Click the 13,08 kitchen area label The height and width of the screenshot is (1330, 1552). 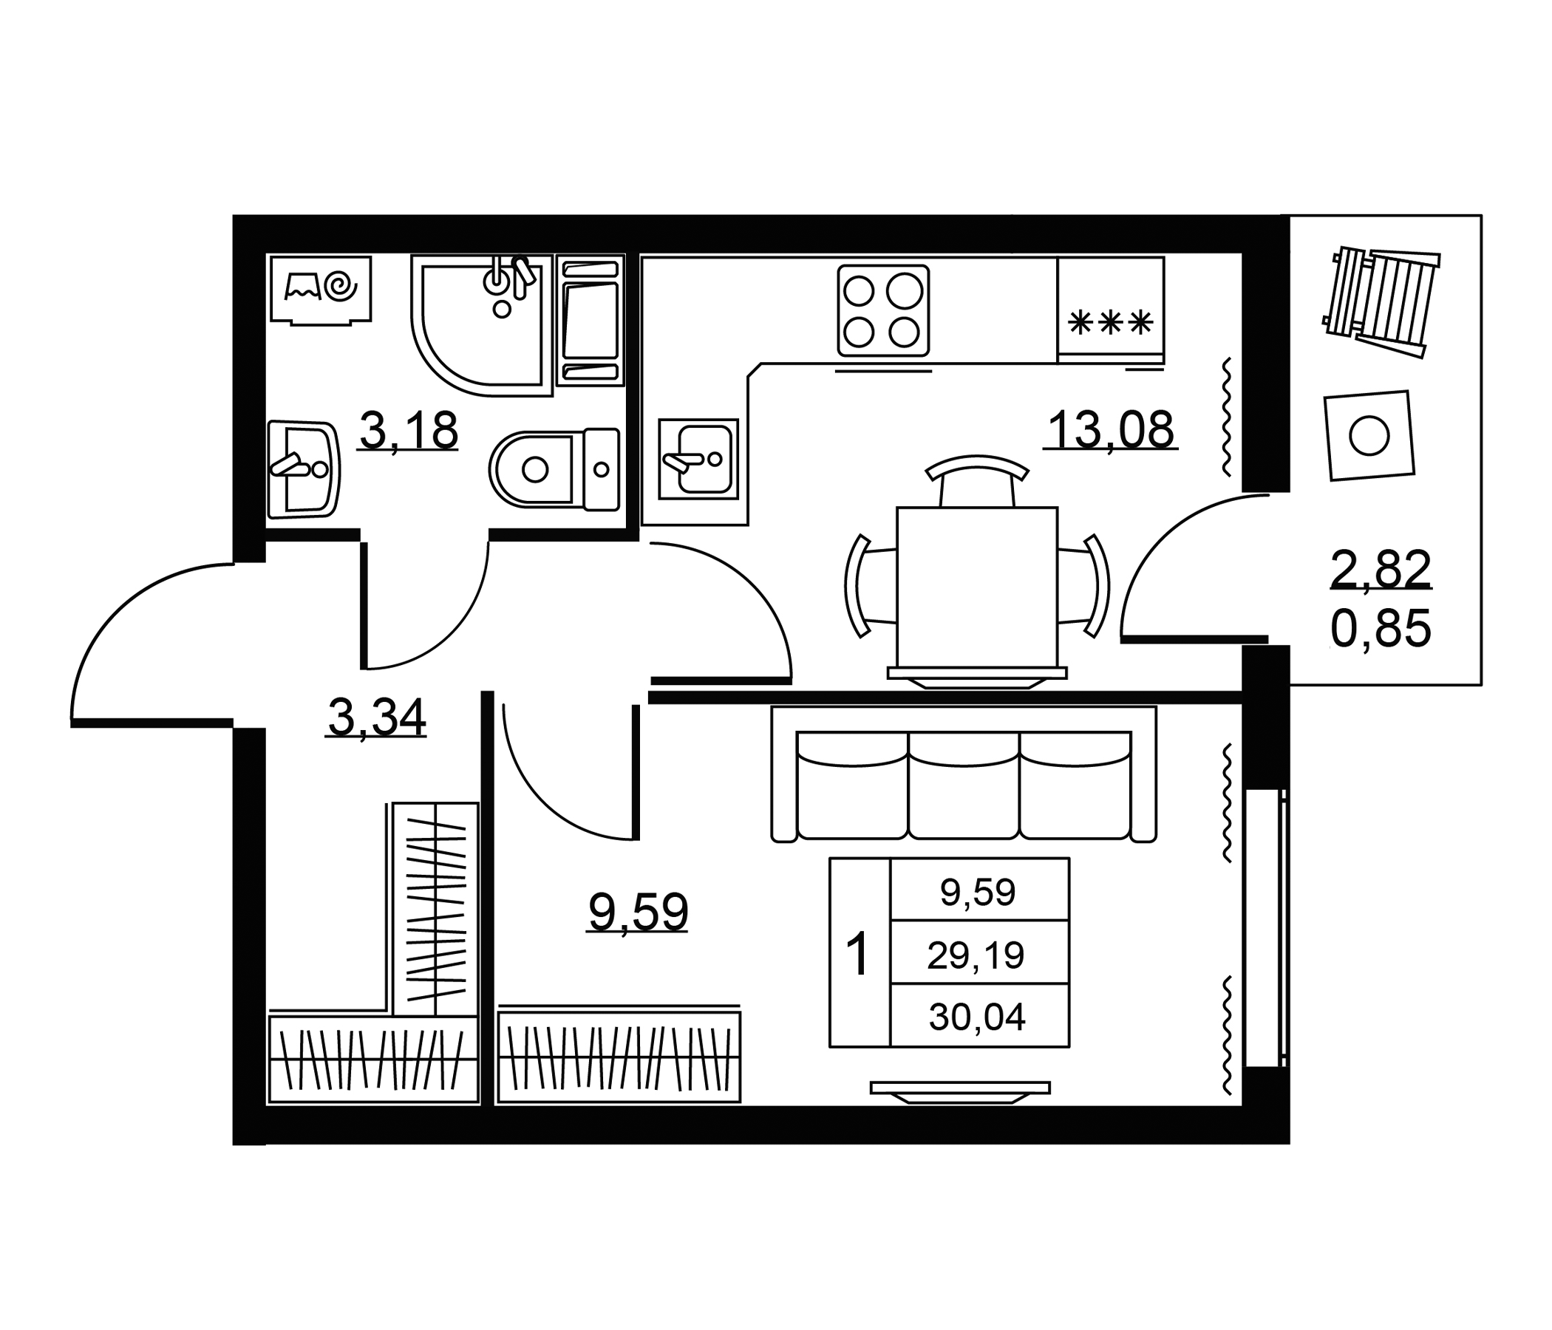(1111, 430)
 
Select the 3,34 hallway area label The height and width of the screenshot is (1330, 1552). (377, 717)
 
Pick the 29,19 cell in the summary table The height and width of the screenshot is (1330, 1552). (976, 955)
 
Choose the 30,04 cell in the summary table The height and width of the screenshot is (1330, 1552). (977, 1017)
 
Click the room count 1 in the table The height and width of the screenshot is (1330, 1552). (857, 954)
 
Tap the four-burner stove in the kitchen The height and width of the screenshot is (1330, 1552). (883, 311)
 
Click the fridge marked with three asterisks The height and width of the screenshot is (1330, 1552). (1111, 310)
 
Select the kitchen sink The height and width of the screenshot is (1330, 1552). (698, 458)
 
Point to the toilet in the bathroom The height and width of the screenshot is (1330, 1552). (554, 469)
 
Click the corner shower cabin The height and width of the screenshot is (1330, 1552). (482, 324)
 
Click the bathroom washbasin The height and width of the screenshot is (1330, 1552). (303, 468)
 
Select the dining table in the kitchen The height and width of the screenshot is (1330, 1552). (977, 587)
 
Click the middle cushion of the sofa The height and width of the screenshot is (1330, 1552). (964, 785)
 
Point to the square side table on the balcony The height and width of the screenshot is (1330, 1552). (1369, 435)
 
